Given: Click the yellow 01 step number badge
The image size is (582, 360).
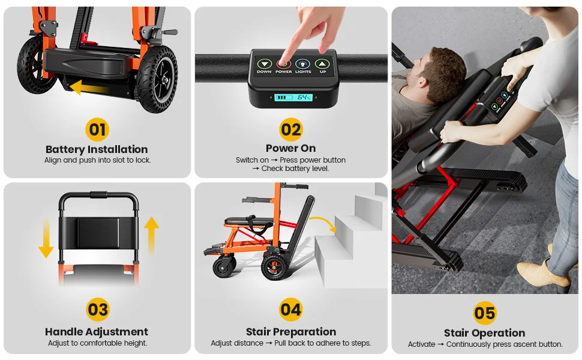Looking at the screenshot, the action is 97,130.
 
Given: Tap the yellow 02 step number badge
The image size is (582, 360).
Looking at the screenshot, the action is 290,130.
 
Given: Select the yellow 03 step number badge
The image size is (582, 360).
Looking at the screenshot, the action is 98,310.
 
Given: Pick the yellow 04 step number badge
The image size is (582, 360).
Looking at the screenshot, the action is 290,310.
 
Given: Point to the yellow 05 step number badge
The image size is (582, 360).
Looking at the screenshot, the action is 485,313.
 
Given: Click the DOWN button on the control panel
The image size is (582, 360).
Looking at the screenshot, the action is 264,64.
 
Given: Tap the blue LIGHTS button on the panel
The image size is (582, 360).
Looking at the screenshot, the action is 303,64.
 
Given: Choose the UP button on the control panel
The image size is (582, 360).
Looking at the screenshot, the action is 322,64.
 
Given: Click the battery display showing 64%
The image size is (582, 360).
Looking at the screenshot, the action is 293,97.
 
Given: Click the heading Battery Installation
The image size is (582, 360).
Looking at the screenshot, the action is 97,149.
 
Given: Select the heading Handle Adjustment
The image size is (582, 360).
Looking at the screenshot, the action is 97,331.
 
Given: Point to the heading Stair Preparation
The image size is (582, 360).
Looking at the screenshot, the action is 291,331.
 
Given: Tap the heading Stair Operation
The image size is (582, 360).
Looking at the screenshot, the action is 485,333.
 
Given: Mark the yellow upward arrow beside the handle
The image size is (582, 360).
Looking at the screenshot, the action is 151,236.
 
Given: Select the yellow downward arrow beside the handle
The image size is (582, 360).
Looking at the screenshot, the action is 46,238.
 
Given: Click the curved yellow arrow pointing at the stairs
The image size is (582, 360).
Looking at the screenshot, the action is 323,221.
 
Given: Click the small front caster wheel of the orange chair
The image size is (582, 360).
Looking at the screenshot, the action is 224,266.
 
